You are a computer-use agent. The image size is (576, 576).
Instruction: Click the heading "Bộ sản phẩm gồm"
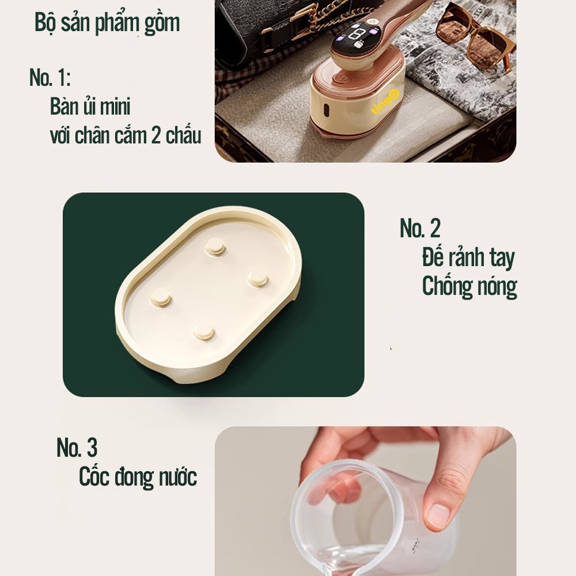pos(107,24)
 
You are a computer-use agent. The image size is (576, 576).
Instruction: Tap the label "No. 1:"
pos(50,78)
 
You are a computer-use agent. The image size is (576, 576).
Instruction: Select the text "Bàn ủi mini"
pos(90,106)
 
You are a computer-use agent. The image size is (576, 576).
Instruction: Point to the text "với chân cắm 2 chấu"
pos(125,135)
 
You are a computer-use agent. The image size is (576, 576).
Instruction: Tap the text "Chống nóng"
pos(469,287)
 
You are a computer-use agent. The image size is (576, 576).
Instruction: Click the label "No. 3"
pos(77,448)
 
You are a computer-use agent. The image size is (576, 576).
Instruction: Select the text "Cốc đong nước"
pos(138,476)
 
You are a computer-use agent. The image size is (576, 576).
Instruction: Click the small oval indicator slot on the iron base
pos(325,108)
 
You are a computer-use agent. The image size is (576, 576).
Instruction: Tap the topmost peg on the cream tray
pos(215,245)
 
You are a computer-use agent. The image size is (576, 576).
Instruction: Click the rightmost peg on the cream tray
pos(257,279)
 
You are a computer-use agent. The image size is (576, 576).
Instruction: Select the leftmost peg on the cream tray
pos(161,297)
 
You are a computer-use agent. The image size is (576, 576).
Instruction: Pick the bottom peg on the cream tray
pos(203,331)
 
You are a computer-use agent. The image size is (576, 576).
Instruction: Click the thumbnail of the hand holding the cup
pos(365,501)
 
